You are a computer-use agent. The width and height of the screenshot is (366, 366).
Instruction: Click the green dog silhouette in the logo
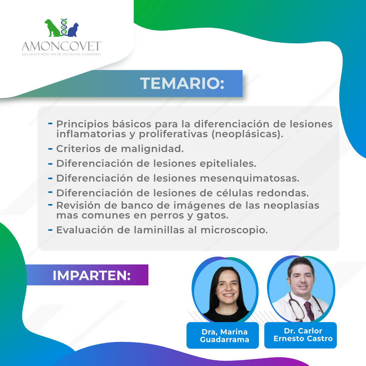[53, 28]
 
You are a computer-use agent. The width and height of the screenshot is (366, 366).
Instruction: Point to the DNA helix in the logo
[64, 27]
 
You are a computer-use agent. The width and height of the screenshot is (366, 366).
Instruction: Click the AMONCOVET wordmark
[61, 46]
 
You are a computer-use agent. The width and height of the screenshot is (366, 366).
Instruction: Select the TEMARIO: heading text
[182, 83]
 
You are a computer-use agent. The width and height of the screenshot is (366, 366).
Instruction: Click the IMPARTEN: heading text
[91, 275]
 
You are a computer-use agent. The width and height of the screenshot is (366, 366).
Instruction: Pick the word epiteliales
[228, 164]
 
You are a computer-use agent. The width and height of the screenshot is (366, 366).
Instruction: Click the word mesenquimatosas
[249, 179]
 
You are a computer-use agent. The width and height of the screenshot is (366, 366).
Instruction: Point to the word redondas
[283, 193]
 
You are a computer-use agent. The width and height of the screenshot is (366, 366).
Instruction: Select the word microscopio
[234, 230]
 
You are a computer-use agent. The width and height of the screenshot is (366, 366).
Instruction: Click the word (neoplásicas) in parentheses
[247, 134]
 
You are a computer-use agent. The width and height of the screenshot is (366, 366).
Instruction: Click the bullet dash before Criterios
[50, 149]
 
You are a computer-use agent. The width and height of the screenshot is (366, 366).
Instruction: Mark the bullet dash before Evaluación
[50, 230]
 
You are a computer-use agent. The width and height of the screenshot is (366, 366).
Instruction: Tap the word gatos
[212, 216]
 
